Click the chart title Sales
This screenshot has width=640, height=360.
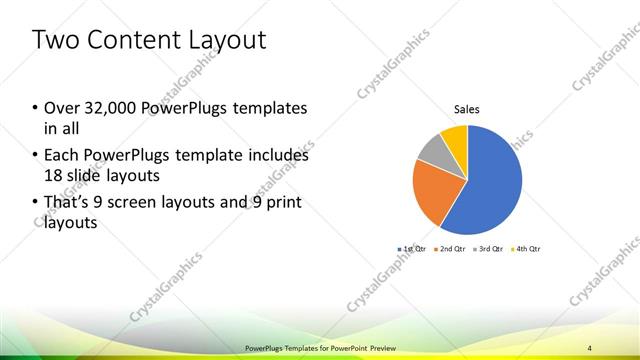coord(467,108)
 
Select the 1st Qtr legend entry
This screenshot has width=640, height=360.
coord(413,248)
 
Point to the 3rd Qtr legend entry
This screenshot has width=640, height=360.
coord(487,248)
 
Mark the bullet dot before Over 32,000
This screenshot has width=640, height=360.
coord(36,108)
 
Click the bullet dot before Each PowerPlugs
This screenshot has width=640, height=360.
coord(36,156)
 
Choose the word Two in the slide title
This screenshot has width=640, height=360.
coord(54,41)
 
